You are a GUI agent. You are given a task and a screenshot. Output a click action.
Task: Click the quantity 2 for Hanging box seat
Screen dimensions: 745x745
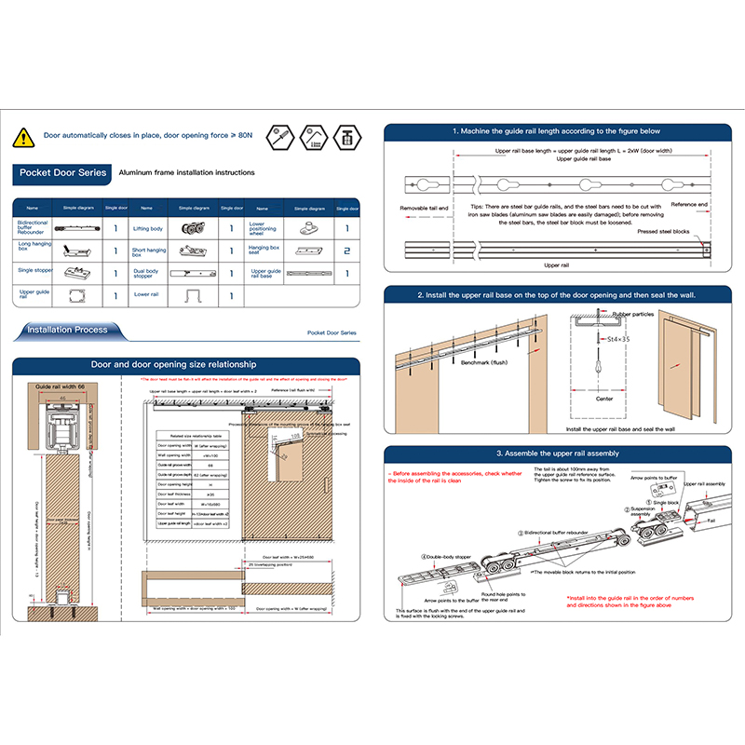pyautogui.click(x=346, y=251)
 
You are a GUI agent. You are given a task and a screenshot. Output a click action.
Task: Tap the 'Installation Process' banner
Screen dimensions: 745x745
pyautogui.click(x=67, y=330)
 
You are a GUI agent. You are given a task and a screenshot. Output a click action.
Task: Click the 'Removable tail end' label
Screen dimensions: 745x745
pyautogui.click(x=424, y=208)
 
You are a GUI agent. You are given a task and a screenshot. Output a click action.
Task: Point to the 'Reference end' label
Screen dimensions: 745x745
pyautogui.click(x=689, y=204)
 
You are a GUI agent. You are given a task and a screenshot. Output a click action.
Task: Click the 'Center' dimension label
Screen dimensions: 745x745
pyautogui.click(x=603, y=398)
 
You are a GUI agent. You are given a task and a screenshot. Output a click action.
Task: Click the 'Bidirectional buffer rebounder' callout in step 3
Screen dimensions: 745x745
pyautogui.click(x=560, y=532)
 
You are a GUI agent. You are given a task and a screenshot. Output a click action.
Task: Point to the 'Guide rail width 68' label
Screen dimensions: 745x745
pyautogui.click(x=59, y=385)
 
